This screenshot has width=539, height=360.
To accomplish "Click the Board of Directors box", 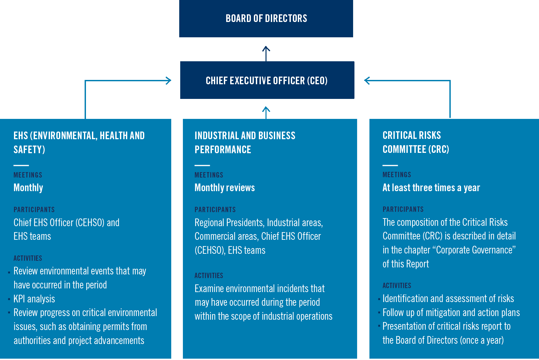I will pyautogui.click(x=266, y=18).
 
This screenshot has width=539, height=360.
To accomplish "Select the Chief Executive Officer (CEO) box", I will pyautogui.click(x=267, y=80).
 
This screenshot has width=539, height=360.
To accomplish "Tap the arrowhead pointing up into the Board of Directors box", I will pyautogui.click(x=266, y=49).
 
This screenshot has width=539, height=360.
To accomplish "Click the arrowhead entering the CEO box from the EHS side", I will pyautogui.click(x=168, y=80).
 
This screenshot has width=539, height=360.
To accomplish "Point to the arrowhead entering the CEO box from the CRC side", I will pyautogui.click(x=367, y=80).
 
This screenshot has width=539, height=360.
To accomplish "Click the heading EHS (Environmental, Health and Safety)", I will pyautogui.click(x=79, y=143).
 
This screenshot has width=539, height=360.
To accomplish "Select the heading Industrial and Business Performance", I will pyautogui.click(x=245, y=143).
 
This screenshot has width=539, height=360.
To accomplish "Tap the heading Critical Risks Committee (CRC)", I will pyautogui.click(x=416, y=142).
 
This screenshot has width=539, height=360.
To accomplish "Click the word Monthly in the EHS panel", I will pyautogui.click(x=28, y=187).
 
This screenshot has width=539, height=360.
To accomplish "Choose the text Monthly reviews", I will pyautogui.click(x=225, y=187).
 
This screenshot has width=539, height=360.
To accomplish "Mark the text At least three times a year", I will pyautogui.click(x=431, y=187).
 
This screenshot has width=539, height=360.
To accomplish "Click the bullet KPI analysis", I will pyautogui.click(x=34, y=299).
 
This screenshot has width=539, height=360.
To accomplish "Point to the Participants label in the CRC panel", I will pyautogui.click(x=403, y=209).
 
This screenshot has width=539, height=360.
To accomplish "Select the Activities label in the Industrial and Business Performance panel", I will pyautogui.click(x=209, y=276).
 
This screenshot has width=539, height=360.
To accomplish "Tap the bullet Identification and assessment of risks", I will pyautogui.click(x=448, y=298).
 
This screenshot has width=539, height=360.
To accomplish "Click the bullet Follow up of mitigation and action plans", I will pyautogui.click(x=451, y=312).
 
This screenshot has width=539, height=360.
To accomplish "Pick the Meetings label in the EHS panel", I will pyautogui.click(x=28, y=175).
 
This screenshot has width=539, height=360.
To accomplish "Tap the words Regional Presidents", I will pyautogui.click(x=229, y=222).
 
